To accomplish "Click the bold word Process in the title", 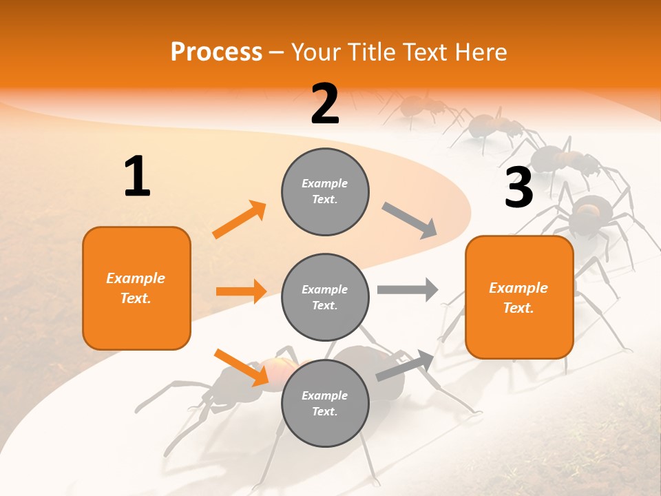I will pyautogui.click(x=216, y=52).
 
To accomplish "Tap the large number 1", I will pyautogui.click(x=137, y=176).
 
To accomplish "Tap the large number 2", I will pyautogui.click(x=325, y=103).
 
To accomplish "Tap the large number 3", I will pyautogui.click(x=518, y=187).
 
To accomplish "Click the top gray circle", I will pyautogui.click(x=325, y=192).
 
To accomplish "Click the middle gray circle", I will pyautogui.click(x=325, y=297).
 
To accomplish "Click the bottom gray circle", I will pyautogui.click(x=325, y=403).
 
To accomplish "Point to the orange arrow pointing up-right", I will pyautogui.click(x=240, y=220).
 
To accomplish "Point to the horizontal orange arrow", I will pyautogui.click(x=241, y=291).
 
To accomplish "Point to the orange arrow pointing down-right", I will pyautogui.click(x=241, y=366).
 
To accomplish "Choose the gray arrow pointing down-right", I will pyautogui.click(x=410, y=220).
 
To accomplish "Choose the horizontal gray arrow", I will pyautogui.click(x=408, y=289).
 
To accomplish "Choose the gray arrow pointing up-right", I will pyautogui.click(x=405, y=366).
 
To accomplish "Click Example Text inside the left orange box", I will pyautogui.click(x=136, y=288).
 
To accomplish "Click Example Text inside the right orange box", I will pyautogui.click(x=518, y=298).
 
